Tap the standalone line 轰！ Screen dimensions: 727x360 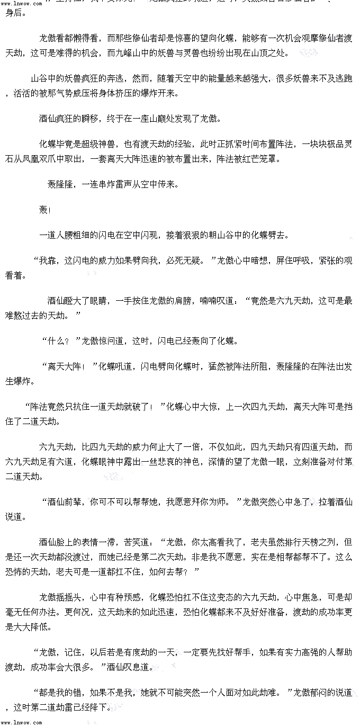point(44,210)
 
